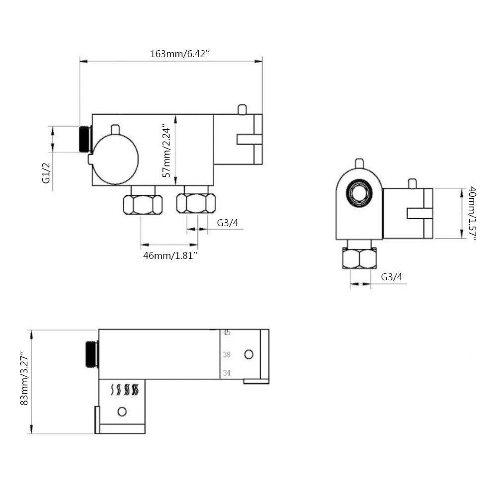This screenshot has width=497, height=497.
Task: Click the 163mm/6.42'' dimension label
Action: [x=180, y=54]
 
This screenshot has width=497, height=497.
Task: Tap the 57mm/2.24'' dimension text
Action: [x=166, y=151]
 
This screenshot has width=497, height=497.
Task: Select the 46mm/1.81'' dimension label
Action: [x=170, y=255]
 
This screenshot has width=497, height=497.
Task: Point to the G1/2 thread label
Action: [x=46, y=173]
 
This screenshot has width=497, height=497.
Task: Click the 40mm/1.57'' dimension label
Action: [x=472, y=213]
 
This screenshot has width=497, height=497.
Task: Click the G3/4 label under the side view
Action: [x=392, y=277]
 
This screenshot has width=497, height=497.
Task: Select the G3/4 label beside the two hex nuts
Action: [x=228, y=223]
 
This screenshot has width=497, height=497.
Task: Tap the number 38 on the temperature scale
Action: [x=226, y=354]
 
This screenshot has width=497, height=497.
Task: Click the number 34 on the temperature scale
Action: [x=226, y=373]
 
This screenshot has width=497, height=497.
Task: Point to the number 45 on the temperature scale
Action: [x=226, y=332]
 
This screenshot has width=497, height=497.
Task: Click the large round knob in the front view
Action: [x=115, y=160]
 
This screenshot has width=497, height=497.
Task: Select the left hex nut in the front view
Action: [x=143, y=205]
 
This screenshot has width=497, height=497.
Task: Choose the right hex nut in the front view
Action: [x=196, y=203]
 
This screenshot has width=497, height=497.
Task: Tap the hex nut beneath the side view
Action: [x=360, y=258]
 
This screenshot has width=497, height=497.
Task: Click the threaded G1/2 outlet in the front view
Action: [x=85, y=139]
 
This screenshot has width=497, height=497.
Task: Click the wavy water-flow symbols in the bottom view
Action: [x=125, y=390]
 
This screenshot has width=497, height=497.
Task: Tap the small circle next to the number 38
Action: [x=249, y=354]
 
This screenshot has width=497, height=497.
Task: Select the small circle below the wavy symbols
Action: [x=122, y=412]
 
